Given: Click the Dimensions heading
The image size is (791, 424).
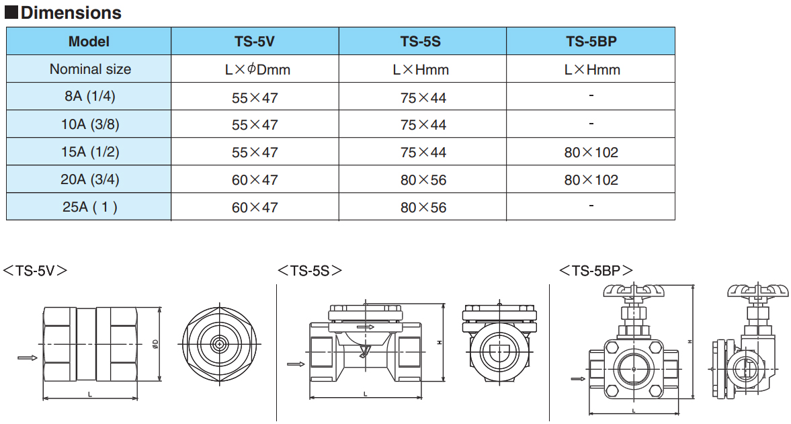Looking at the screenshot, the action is (63, 12).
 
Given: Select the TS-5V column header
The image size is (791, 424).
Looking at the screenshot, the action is (255, 42).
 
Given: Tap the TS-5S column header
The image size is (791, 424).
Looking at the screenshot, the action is (421, 42).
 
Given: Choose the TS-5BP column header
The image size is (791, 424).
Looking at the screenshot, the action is (591, 42).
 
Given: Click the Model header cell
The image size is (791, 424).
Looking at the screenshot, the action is (89, 42).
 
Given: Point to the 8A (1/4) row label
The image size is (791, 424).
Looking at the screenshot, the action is (90, 96).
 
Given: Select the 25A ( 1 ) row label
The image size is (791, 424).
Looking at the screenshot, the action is (90, 207).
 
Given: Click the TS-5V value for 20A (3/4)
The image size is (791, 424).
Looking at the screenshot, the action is (255, 179).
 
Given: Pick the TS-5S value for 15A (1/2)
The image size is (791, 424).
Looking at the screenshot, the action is (423, 153).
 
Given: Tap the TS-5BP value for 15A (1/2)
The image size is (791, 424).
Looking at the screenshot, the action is (591, 153).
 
